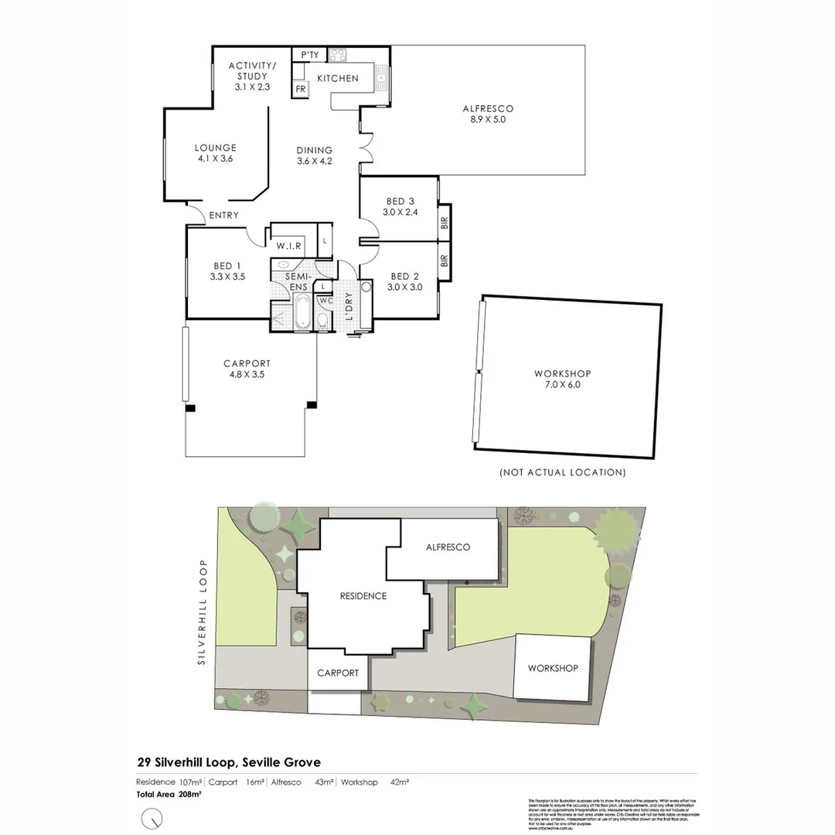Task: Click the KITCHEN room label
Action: pos(338,78)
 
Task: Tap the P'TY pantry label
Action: pos(309,55)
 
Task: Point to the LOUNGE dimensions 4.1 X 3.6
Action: pos(215,158)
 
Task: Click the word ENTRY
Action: pos(224,215)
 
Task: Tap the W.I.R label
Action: pos(288,246)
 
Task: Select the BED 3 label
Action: pos(401,202)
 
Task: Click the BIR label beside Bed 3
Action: pos(444,222)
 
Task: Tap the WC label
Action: pos(325,300)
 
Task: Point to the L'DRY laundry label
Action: pos(349,308)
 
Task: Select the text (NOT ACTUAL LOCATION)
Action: pos(562,472)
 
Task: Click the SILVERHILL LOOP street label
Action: pos(202,612)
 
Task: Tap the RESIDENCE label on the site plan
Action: pos(363,596)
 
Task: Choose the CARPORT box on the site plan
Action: pos(338,673)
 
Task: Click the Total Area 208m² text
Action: pos(169,794)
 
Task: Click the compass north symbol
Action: pos(153,818)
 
